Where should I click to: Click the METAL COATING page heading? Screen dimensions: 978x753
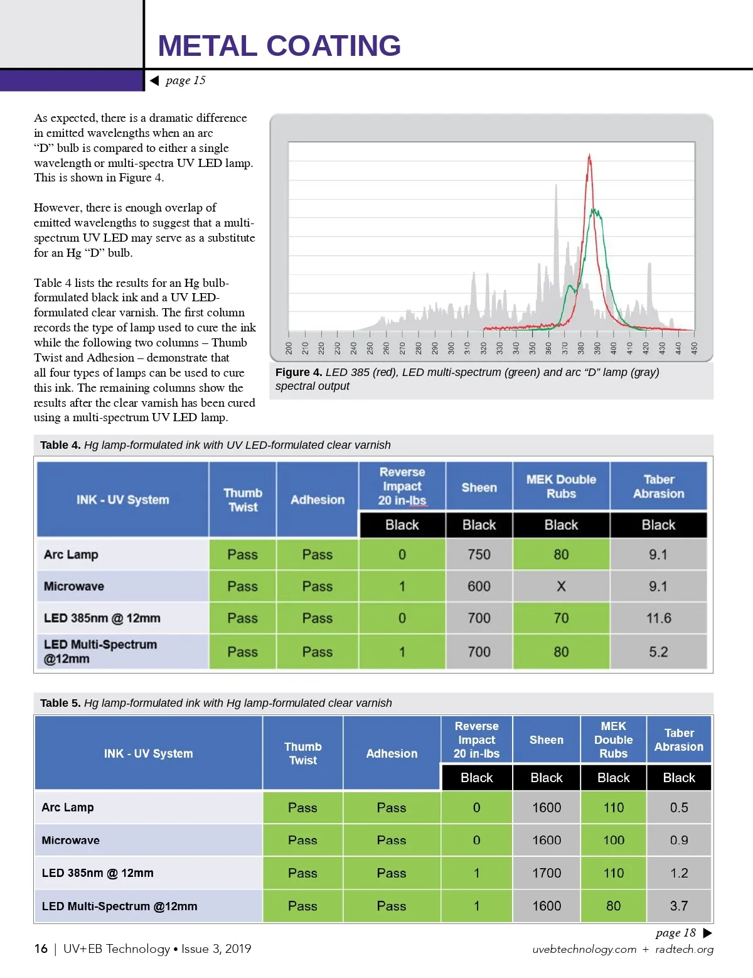point(279,46)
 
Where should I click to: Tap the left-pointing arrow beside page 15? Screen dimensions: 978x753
point(154,80)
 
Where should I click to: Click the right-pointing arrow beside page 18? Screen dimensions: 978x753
point(707,933)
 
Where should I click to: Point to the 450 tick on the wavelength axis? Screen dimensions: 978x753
point(694,348)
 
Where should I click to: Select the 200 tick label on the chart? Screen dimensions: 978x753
point(289,348)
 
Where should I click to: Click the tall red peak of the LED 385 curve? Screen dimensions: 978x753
point(589,157)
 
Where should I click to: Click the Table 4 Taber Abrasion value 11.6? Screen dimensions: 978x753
point(658,618)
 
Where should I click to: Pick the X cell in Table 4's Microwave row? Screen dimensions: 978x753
point(561,586)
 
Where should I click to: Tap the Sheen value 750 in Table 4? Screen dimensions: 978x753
point(479,555)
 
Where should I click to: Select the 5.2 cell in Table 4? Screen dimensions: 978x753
point(658,652)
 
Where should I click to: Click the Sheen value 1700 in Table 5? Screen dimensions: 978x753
point(547,873)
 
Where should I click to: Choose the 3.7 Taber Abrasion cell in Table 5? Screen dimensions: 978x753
point(679,906)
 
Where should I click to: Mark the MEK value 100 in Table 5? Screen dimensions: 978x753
point(613,841)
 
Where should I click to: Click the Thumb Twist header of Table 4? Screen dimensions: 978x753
point(243,500)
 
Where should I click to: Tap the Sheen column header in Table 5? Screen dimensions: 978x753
point(547,740)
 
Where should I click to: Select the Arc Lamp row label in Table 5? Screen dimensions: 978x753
point(68,807)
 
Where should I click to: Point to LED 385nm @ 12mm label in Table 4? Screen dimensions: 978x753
point(102,618)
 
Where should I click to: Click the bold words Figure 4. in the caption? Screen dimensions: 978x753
point(299,372)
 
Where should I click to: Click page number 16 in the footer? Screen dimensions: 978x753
point(41,948)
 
